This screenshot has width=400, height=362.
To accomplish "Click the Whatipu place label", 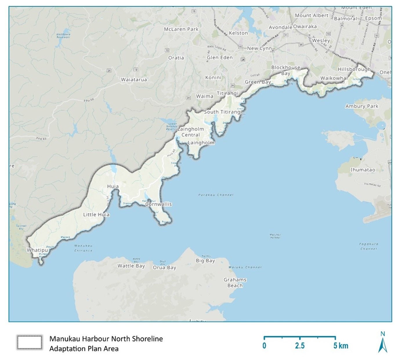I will click(37, 250).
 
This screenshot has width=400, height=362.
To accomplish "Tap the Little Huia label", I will click(96, 214).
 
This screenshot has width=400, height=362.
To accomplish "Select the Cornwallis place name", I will click(158, 204).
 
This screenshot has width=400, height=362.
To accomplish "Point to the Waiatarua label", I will click(134, 79).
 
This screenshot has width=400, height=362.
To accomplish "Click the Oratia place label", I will click(176, 58).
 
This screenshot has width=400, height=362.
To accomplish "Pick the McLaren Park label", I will click(181, 29).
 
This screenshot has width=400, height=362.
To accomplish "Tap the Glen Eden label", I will click(220, 57).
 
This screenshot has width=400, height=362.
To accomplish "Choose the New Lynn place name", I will click(259, 48).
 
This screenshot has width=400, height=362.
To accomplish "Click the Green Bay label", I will click(258, 82).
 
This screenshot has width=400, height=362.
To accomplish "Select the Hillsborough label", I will click(354, 69).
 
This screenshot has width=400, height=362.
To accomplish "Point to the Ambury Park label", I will click(362, 106).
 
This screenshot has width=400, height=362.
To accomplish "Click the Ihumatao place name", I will click(363, 170).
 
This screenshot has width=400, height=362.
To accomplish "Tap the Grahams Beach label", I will click(235, 283).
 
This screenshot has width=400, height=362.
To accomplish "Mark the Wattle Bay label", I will click(131, 266).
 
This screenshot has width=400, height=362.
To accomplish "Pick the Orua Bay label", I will click(164, 268).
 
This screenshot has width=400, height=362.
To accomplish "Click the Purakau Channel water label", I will click(216, 195).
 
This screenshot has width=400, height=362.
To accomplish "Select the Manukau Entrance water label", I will click(83, 248).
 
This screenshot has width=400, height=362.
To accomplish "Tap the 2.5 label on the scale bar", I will click(300, 346).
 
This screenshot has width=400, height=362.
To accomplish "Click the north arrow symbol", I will click(383, 345).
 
